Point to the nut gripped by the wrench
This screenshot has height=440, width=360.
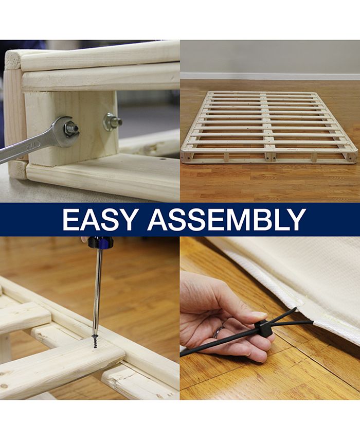click(x=70, y=128)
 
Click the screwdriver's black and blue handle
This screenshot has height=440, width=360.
click(x=100, y=242)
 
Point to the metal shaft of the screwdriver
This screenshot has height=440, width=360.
click(x=97, y=288)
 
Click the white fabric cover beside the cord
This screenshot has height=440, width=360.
click(x=298, y=278)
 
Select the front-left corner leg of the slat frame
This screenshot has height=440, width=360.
click(x=186, y=156)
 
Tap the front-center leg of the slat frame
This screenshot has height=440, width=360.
click(x=268, y=156)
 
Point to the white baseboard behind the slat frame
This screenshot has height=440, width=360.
click(x=269, y=76)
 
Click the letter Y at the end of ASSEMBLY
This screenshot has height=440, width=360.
click(x=296, y=219)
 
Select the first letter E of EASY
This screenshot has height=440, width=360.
click(x=71, y=219)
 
